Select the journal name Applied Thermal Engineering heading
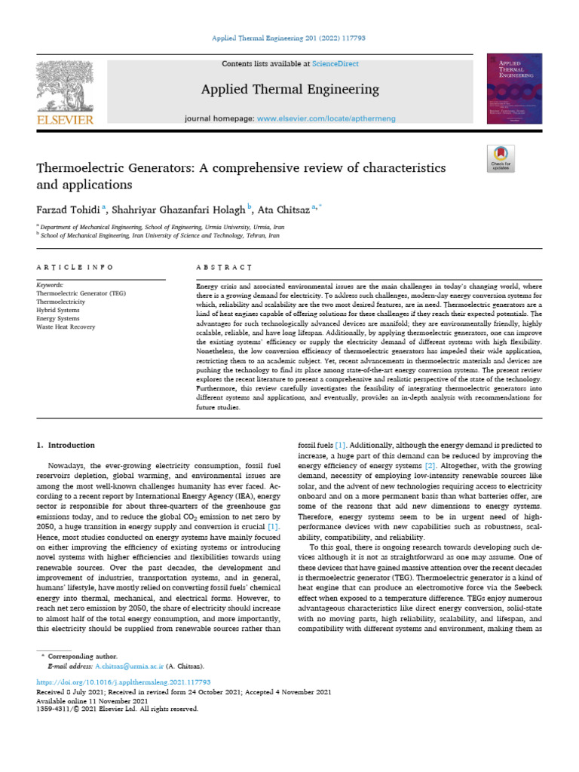tap(289, 90)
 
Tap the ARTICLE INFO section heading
tap(75, 268)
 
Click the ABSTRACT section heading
tap(223, 268)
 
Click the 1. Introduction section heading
tap(66, 446)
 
